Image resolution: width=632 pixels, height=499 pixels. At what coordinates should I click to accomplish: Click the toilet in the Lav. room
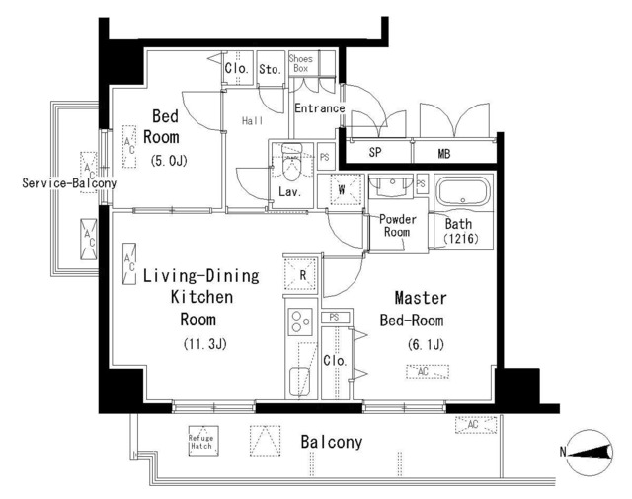[292, 162]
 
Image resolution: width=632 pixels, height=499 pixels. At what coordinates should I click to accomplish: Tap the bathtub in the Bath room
[463, 192]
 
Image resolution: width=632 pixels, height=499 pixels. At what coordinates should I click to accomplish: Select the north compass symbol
[590, 453]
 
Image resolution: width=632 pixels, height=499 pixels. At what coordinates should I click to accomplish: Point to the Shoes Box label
[300, 63]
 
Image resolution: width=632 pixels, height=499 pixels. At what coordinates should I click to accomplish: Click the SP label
[375, 152]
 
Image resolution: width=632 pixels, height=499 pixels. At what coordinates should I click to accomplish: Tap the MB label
[443, 153]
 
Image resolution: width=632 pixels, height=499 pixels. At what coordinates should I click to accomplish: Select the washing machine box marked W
[342, 189]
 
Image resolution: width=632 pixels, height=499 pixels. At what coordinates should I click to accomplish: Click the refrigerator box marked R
[300, 274]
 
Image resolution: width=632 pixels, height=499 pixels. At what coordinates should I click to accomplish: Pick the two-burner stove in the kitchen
[300, 321]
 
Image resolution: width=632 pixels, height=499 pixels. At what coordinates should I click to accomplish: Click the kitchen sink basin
[299, 382]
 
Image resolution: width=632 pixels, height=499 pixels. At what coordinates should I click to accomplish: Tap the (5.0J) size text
[169, 161]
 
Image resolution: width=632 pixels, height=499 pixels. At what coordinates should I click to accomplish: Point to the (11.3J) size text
[205, 344]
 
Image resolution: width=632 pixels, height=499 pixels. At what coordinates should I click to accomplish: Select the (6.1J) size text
[426, 344]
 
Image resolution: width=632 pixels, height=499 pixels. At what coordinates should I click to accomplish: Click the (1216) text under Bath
[461, 239]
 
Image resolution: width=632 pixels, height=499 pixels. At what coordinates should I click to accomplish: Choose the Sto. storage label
[270, 69]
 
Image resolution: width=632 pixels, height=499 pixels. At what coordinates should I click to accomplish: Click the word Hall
[253, 120]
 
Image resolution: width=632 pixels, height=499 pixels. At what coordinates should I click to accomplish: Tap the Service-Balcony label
[69, 183]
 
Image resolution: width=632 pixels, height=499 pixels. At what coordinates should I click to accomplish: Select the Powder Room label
[397, 226]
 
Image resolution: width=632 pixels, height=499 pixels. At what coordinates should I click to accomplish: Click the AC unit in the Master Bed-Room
[428, 372]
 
